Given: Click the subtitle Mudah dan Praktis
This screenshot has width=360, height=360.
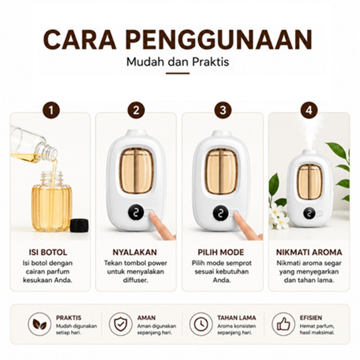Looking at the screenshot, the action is tap(178, 62).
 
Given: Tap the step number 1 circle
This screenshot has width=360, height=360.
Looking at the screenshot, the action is tap(51, 110).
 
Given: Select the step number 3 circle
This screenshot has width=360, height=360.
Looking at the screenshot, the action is tap(223, 110).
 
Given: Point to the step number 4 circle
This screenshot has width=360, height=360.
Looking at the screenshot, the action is tap(309, 110).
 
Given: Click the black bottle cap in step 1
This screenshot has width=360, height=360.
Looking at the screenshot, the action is tap(79, 225).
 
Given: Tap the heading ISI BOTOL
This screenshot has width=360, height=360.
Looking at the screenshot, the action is tap(48, 252).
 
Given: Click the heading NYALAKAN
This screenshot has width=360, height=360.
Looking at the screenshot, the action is tap(135, 252).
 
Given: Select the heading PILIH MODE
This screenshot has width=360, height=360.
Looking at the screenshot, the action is tap(221, 252).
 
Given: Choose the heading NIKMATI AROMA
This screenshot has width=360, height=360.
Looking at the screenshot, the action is tap(309, 252).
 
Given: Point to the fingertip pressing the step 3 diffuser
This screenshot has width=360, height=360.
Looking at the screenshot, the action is tap(237, 216).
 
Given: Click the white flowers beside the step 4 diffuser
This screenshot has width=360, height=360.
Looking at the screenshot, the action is tap(279, 216).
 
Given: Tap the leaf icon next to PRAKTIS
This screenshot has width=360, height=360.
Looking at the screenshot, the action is tap(40, 324).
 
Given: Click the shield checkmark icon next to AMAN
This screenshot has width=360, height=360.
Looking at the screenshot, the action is tap(121, 324).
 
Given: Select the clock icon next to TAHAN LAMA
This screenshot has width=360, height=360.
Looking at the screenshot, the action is tap(201, 324).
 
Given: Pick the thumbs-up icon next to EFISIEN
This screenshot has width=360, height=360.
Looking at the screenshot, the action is tap(283, 324).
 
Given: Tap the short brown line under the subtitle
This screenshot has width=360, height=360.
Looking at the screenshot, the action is tap(178, 73).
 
